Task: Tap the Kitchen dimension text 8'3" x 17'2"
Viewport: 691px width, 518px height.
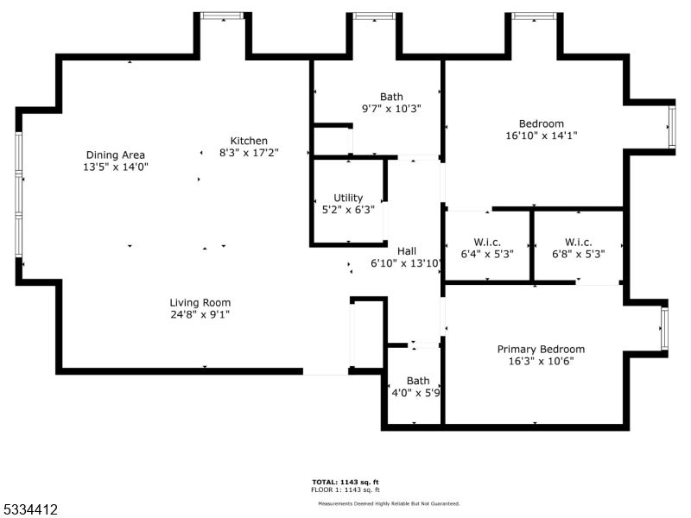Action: point(248,153)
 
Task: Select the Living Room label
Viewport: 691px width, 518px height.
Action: point(200,302)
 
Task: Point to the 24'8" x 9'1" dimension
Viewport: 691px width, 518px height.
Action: point(200,314)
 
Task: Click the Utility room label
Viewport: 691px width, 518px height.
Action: point(348,198)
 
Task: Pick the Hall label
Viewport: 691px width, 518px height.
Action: point(406,251)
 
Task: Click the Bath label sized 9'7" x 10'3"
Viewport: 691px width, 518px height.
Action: point(391,97)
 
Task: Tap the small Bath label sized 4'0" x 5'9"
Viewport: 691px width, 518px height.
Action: point(418,381)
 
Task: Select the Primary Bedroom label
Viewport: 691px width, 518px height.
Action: point(541,349)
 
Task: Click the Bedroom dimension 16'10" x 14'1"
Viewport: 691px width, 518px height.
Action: point(541,136)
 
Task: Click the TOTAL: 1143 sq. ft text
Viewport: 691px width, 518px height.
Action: point(345,482)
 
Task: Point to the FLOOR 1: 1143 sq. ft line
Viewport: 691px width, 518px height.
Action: point(345,490)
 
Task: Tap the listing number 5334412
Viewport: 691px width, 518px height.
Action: point(31,510)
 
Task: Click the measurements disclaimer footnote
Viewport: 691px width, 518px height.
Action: point(389,503)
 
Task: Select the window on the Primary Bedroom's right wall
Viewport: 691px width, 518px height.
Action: point(664,329)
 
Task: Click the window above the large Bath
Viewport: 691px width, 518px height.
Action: point(374,16)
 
